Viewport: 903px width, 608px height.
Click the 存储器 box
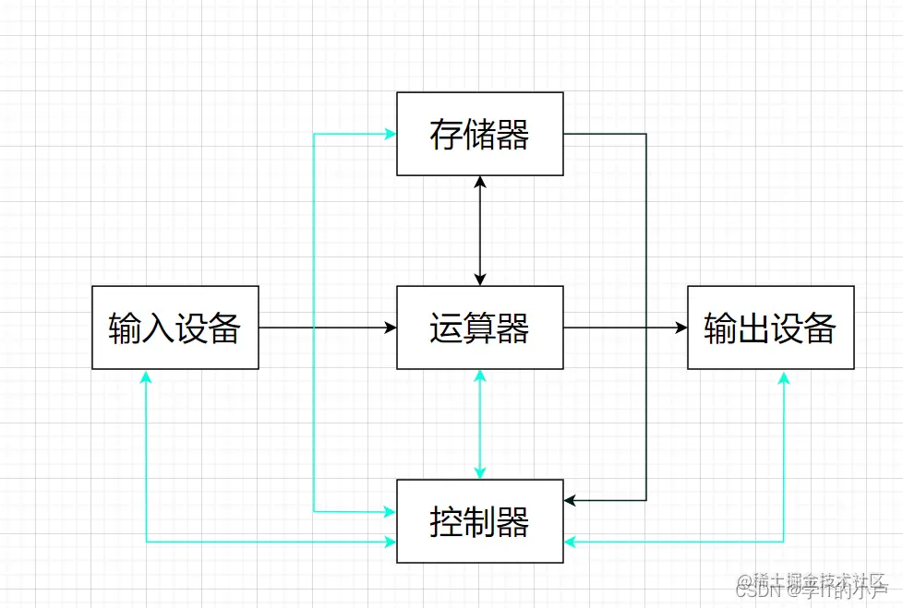click(x=479, y=134)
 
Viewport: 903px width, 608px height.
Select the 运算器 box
click(x=479, y=328)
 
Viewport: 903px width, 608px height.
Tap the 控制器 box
click(x=479, y=521)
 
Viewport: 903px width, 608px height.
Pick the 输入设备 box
click(x=175, y=328)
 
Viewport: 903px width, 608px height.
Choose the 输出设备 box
click(x=770, y=328)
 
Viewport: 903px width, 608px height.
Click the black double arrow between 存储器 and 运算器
click(x=479, y=231)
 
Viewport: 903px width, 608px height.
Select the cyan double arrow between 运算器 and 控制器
click(x=479, y=424)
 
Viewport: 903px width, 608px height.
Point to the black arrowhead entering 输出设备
click(x=681, y=328)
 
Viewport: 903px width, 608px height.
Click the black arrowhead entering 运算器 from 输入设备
click(x=391, y=328)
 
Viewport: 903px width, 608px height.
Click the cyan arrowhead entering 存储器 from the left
click(x=391, y=134)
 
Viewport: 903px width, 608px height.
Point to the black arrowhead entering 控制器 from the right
click(x=570, y=500)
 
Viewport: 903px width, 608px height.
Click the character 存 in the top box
click(x=446, y=135)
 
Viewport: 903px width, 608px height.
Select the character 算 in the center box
click(x=479, y=328)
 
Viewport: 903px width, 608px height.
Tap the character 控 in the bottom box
click(x=446, y=522)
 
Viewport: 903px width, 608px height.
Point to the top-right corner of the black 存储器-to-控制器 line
click(x=645, y=134)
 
